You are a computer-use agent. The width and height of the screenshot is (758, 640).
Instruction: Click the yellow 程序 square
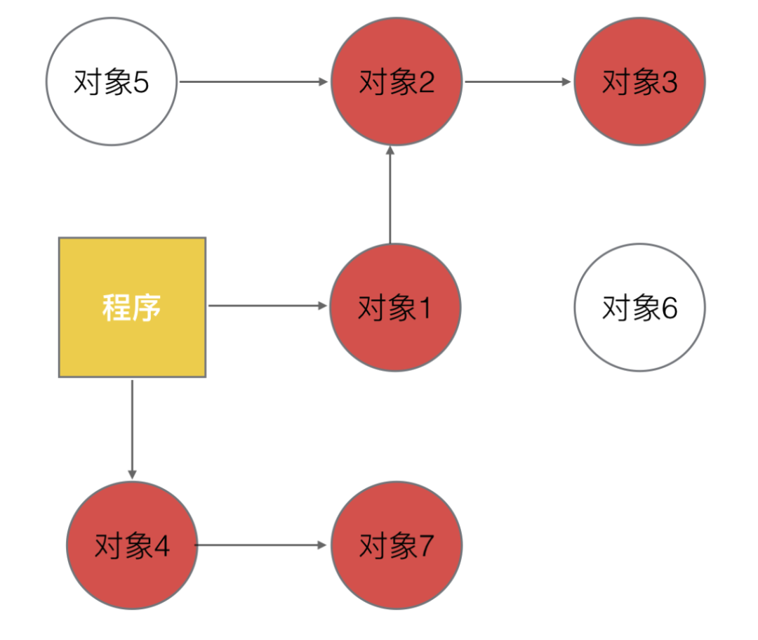click(x=132, y=307)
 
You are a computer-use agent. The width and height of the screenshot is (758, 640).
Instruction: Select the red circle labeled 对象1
click(x=395, y=307)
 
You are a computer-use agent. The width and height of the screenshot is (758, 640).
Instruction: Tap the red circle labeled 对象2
click(x=397, y=81)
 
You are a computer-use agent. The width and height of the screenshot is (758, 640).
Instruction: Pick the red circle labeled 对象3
click(x=639, y=81)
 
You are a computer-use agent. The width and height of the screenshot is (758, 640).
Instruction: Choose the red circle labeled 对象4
click(x=132, y=545)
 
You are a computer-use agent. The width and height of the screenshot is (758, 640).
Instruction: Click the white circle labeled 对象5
click(x=111, y=81)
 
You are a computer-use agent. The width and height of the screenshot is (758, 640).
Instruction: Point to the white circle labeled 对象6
click(x=639, y=307)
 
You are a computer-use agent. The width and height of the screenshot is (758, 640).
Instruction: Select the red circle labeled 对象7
click(x=397, y=545)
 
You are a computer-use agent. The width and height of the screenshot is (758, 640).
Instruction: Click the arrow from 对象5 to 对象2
click(x=253, y=81)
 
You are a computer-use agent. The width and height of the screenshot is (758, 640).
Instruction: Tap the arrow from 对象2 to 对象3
click(x=517, y=81)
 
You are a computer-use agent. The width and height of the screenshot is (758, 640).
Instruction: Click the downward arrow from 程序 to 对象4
click(x=132, y=429)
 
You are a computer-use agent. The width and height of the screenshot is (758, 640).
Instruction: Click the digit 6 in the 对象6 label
click(x=669, y=308)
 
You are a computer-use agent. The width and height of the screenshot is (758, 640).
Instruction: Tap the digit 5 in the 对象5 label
click(x=140, y=83)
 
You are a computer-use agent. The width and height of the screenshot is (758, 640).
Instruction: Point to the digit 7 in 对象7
click(x=426, y=546)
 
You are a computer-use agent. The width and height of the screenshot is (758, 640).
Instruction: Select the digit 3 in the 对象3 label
click(x=669, y=83)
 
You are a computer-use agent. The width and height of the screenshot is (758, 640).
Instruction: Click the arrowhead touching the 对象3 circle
click(x=567, y=81)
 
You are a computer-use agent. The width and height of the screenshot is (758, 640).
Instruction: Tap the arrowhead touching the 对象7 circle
click(x=324, y=545)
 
